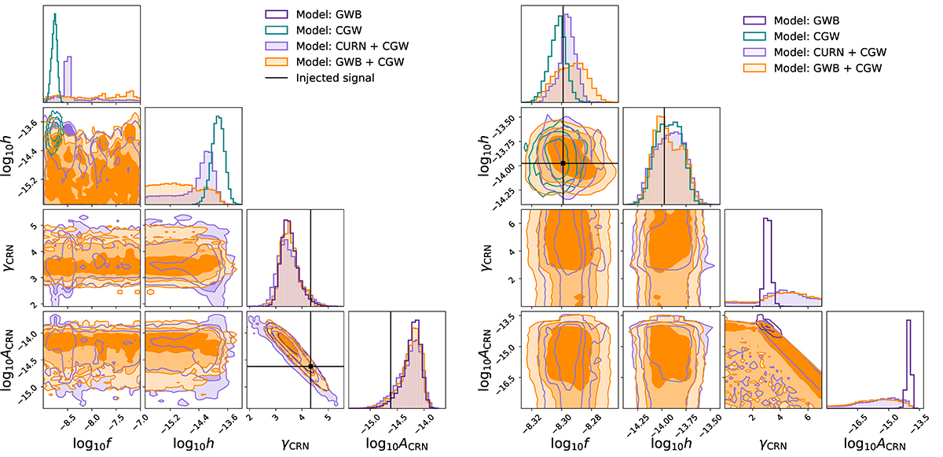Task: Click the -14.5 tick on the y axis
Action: point(23,363)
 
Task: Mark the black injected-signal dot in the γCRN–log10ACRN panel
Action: point(311,367)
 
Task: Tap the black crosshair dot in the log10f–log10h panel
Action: point(563,163)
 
